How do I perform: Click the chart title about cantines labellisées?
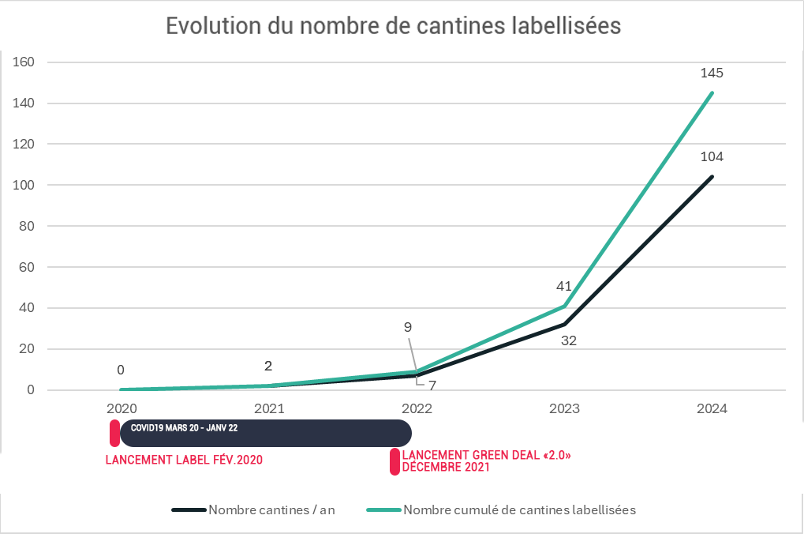393,25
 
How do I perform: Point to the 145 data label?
712,73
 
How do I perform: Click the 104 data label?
712,156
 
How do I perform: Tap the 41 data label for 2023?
563,286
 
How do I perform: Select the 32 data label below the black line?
568,342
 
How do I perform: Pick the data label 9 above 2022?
407,326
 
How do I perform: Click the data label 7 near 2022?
432,385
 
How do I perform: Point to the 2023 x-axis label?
564,409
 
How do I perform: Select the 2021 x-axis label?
269,409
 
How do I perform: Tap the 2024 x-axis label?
712,409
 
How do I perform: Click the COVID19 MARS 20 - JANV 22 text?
184,427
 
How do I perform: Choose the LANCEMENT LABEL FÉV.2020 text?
184,460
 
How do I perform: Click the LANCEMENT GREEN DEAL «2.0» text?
486,456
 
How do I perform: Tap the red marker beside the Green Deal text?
395,461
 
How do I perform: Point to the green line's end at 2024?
712,92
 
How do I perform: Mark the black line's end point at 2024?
712,176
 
